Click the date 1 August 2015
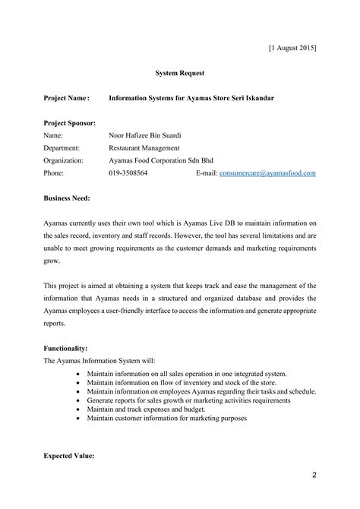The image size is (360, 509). (292, 48)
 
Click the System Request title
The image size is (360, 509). (180, 73)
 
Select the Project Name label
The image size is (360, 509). (66, 98)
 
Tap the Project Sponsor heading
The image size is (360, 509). (69, 123)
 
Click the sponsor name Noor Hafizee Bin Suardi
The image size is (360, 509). (145, 135)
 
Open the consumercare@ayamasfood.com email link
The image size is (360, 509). (267, 173)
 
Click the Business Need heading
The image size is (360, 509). (67, 198)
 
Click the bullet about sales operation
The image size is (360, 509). (186, 375)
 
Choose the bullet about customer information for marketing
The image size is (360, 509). (166, 419)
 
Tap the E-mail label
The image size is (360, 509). (207, 173)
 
